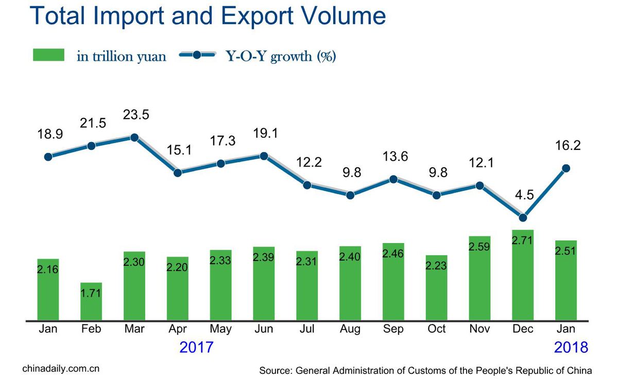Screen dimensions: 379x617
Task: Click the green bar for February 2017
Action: coord(91,301)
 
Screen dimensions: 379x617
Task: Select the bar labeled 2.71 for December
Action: coord(523,275)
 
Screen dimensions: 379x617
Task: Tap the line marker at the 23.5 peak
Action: coord(134,137)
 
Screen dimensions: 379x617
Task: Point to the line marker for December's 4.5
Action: coord(523,217)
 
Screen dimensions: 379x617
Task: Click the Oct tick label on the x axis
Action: coord(437,329)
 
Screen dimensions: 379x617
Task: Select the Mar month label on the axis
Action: coord(134,329)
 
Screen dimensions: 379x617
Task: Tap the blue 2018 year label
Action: coord(571,348)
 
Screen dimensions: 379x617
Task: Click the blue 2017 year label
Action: coord(196,348)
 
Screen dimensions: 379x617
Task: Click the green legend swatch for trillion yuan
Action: coord(48,55)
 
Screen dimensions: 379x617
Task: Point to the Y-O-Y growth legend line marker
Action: coord(197,55)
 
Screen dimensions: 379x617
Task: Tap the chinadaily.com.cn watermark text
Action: coord(61,369)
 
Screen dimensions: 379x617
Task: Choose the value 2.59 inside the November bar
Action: coord(479,247)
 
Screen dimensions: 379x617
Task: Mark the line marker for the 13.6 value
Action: coord(393,179)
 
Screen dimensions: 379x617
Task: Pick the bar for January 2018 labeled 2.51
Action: coord(566,281)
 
